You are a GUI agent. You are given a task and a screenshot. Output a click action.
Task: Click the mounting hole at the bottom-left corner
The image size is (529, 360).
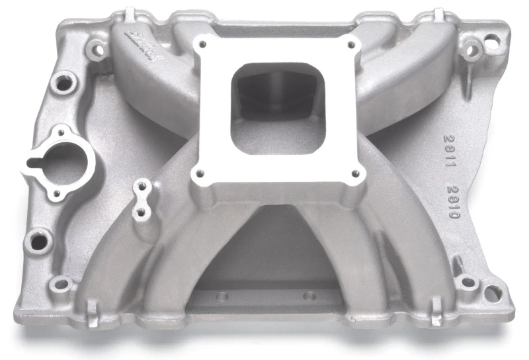61,285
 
